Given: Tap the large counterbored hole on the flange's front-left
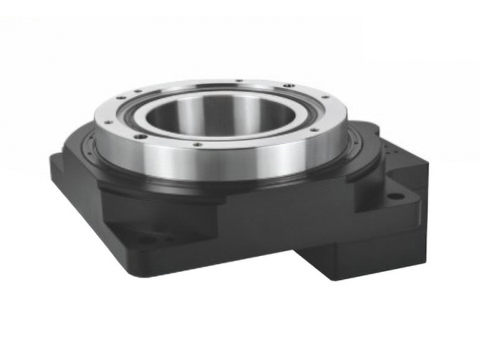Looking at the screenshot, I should [141, 137].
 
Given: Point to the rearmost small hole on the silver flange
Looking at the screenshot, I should [240, 80].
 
